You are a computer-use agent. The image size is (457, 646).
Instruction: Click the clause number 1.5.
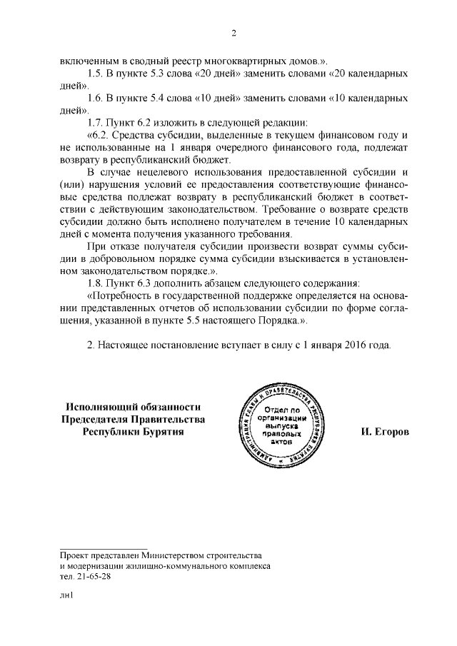pos(94,74)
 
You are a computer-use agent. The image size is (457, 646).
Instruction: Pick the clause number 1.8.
pos(94,283)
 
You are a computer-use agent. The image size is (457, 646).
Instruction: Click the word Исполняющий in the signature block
pos(96,406)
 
